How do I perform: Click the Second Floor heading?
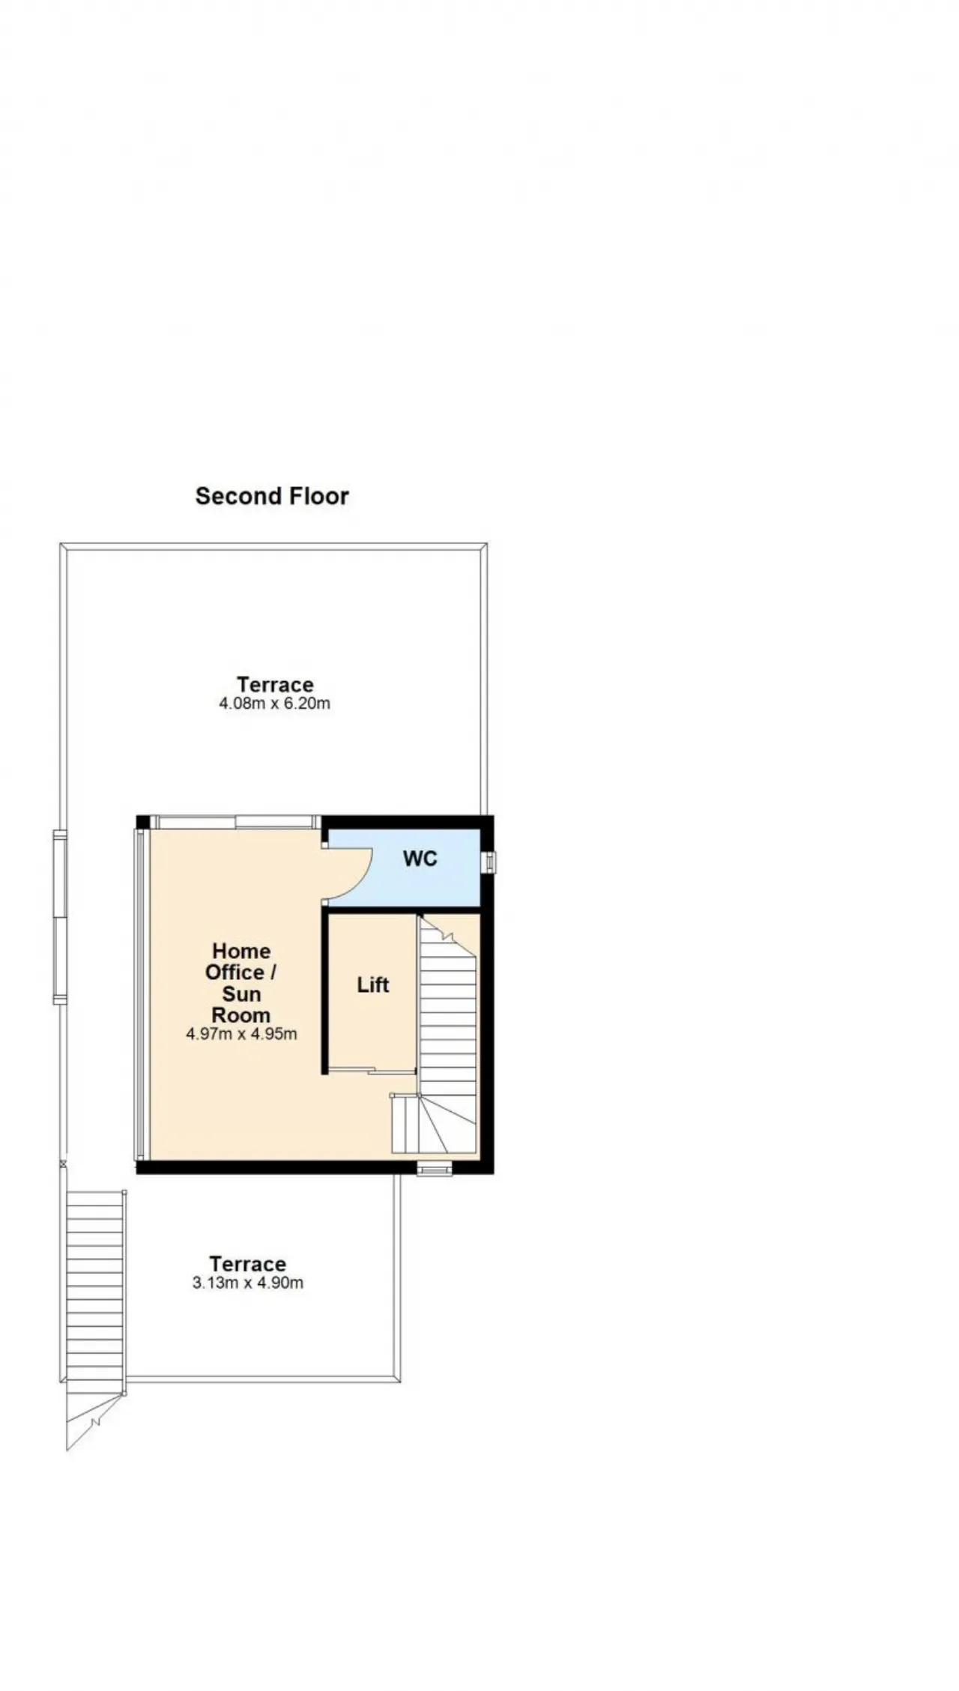272,496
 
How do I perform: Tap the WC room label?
420,859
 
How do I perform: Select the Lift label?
373,984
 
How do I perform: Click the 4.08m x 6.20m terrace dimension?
274,704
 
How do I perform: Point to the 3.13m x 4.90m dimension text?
248,1283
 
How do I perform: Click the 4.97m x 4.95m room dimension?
241,1035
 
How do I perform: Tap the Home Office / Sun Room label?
241,983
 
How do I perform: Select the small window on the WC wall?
488,862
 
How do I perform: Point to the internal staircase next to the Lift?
447,1034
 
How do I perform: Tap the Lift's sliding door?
372,1071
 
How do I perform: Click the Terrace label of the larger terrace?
275,684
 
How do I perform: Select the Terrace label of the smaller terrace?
248,1264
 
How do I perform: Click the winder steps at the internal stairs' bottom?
435,1124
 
